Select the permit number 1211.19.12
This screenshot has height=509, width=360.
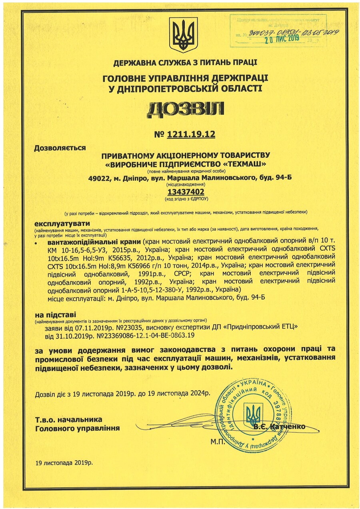coord(191,135)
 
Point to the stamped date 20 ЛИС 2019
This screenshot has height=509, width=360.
coord(283,38)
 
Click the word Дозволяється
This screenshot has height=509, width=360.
coord(60,148)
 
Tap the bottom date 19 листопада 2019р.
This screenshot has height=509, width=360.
coord(64,463)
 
